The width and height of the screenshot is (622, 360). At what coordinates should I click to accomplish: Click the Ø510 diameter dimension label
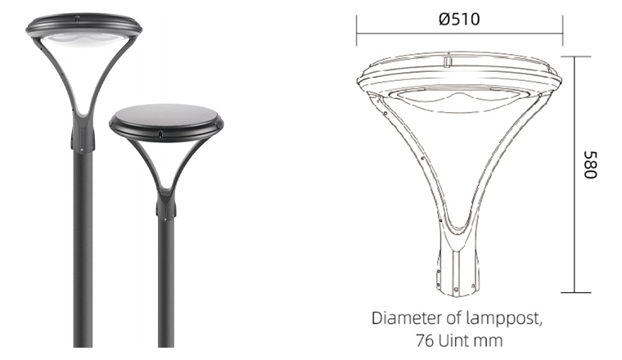[x=459, y=19]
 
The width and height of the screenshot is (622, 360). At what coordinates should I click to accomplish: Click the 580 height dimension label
[x=590, y=164]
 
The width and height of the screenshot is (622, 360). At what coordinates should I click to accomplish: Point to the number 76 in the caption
[x=425, y=340]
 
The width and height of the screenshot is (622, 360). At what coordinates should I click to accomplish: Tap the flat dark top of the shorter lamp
[x=166, y=115]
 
